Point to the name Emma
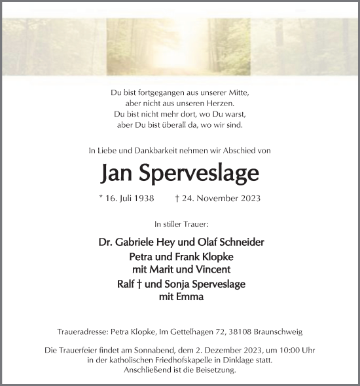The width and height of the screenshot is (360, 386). tap(190, 296)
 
